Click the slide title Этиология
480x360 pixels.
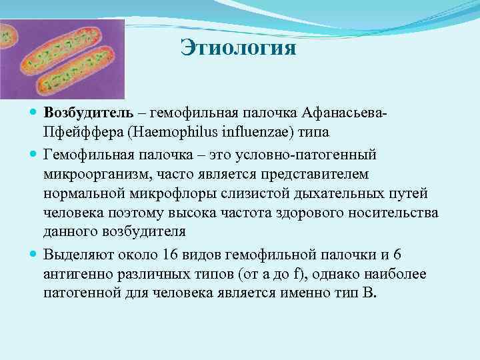238,49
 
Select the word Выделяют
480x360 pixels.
79,255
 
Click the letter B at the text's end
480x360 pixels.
371,294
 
